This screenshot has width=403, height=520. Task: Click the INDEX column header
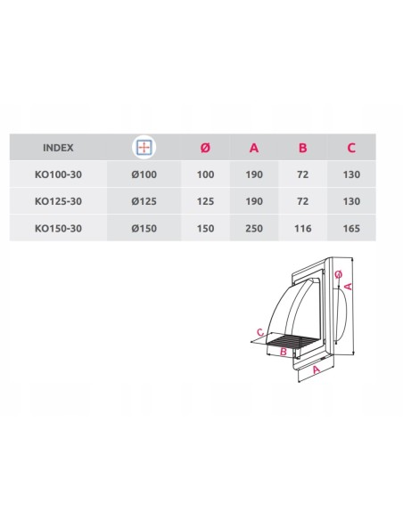[x=58, y=148]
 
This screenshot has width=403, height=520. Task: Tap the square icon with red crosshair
[x=144, y=147]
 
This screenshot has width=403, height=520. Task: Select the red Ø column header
[x=205, y=148]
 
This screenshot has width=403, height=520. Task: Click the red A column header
[x=254, y=148]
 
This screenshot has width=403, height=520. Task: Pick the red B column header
[x=303, y=148]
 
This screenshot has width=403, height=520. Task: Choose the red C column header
[x=351, y=148]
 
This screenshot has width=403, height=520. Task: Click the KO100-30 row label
[x=58, y=175]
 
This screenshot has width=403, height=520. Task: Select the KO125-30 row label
[x=58, y=201]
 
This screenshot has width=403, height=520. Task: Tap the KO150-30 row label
[x=58, y=229]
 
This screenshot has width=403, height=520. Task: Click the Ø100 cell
[x=144, y=175]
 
